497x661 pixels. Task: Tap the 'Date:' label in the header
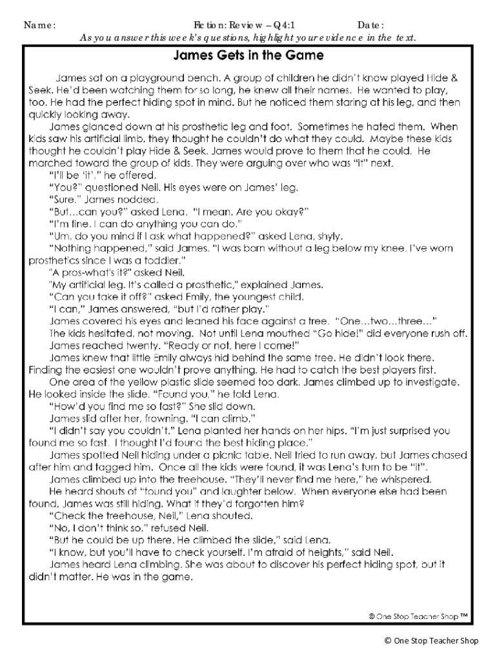pyautogui.click(x=371, y=25)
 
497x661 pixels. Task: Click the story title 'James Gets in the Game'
pyautogui.click(x=248, y=53)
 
